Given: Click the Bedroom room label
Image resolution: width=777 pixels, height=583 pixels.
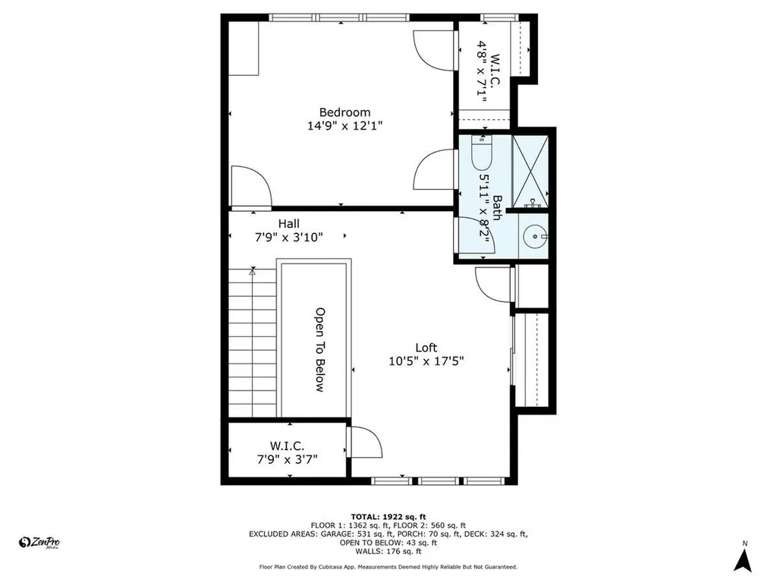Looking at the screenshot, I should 344,112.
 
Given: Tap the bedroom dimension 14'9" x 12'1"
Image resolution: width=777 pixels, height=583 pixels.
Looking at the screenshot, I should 344,127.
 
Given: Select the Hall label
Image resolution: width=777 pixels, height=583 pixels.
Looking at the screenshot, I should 288,223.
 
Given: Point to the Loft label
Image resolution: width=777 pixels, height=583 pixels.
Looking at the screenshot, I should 426,348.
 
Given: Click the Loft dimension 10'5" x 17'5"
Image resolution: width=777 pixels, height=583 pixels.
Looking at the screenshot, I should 426,361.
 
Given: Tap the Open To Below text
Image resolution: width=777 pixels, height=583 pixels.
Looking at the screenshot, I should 320,349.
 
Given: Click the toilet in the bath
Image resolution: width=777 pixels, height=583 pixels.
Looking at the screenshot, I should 482,154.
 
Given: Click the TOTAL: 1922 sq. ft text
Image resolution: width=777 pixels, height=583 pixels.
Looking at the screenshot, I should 388,515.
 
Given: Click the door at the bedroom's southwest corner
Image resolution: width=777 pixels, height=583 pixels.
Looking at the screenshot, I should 250,186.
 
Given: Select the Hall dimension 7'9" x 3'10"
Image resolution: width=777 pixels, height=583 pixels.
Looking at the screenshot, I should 288,237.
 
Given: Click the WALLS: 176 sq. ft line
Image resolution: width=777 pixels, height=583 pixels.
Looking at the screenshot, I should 388,552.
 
